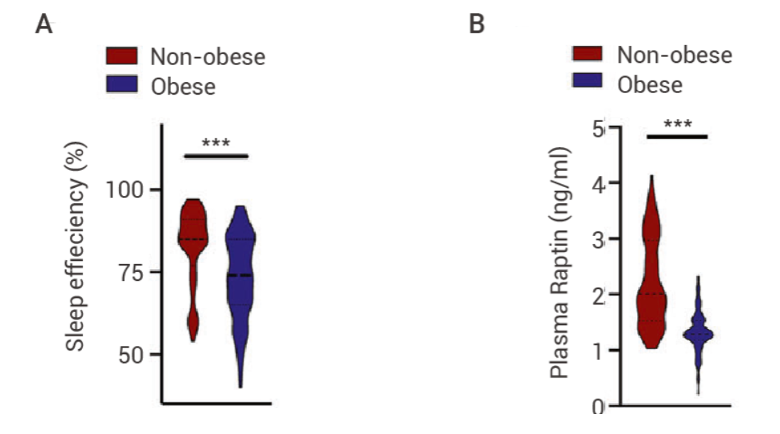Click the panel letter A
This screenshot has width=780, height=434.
45,25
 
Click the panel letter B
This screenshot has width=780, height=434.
477,25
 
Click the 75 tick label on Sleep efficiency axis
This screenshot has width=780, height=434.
135,272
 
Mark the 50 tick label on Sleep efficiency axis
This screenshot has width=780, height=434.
135,354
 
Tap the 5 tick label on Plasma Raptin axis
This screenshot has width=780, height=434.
599,128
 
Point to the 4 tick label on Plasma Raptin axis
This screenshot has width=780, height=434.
598,183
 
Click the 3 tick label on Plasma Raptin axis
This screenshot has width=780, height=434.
599,239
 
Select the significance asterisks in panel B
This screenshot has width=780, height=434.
677,123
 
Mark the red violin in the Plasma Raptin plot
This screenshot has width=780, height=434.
651,288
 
